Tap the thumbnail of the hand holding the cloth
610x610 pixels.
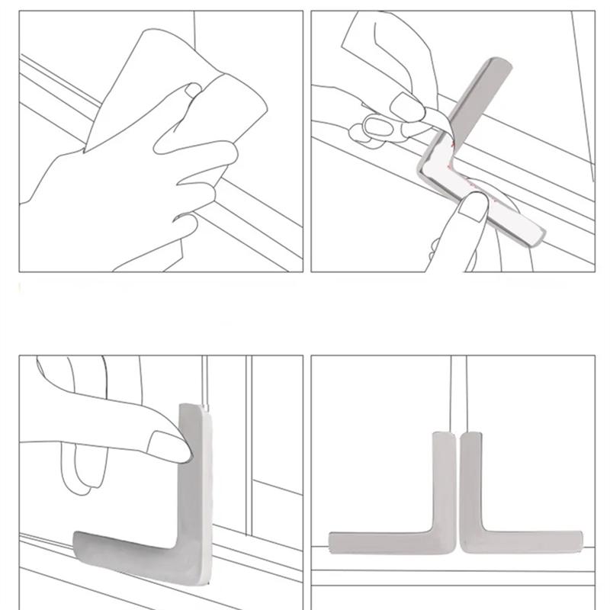click(194, 91)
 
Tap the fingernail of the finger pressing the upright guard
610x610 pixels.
click(169, 446)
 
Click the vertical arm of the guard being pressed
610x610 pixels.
click(194, 473)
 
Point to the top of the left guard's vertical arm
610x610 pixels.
click(445, 437)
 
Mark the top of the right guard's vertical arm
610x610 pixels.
click(470, 437)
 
